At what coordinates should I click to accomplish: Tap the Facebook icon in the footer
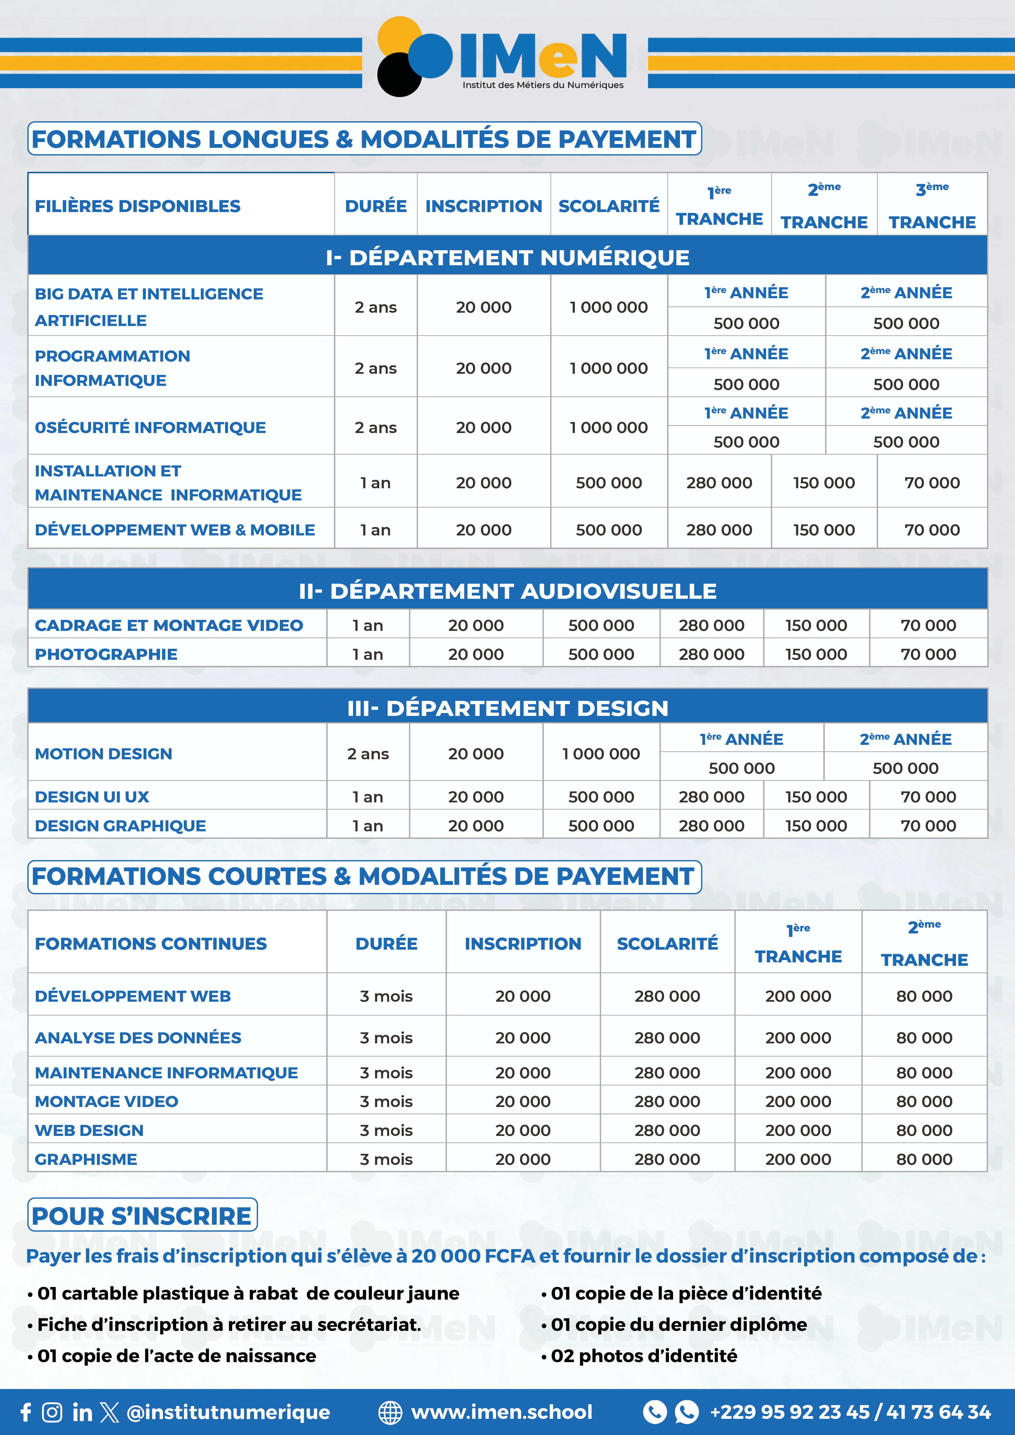point(26,1412)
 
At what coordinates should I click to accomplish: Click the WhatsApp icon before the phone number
point(687,1412)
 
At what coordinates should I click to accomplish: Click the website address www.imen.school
point(501,1412)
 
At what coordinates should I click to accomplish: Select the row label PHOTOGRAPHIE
point(106,654)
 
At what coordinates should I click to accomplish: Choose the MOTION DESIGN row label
point(104,754)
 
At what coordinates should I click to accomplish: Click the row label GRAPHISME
point(86,1159)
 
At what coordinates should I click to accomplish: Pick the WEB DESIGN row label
point(89,1131)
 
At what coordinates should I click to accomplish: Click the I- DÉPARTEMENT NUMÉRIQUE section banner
point(507,257)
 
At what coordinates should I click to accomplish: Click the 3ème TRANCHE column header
point(932,206)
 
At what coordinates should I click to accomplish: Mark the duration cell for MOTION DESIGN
point(368,754)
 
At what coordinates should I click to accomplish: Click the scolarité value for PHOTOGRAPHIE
point(601,654)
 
